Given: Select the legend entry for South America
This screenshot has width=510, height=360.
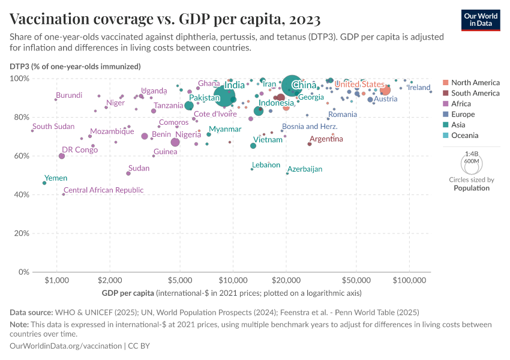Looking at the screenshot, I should click(x=475, y=93).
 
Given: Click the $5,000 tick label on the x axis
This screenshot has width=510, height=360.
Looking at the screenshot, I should click(x=179, y=281).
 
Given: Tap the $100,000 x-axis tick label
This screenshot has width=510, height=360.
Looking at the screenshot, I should click(x=410, y=281).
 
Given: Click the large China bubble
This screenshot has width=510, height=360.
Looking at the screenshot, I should click(x=292, y=86).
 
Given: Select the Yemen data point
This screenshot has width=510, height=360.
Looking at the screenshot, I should click(x=44, y=183).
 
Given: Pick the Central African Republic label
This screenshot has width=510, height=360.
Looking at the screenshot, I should click(x=103, y=190).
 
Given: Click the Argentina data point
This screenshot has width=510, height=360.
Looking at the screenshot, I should click(x=310, y=144).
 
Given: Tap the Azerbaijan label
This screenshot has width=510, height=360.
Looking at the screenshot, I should click(x=305, y=169).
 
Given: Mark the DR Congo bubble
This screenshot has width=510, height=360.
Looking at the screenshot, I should click(x=62, y=156).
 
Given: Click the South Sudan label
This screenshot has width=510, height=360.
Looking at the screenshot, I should click(x=53, y=127).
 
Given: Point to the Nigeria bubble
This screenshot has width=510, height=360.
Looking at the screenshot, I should click(x=175, y=142).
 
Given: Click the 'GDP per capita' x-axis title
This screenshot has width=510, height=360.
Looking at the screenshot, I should click(x=128, y=293).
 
